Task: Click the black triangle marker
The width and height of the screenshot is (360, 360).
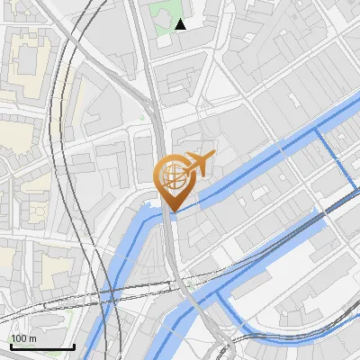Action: coord(181,24)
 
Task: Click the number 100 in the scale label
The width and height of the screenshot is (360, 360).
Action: coord(19,338)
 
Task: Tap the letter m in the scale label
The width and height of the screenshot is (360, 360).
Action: coord(32,338)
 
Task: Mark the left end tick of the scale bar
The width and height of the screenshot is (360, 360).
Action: coord(10,346)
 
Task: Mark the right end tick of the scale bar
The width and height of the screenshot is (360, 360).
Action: coord(74,346)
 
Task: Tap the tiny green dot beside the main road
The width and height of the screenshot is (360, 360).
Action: coord(141,117)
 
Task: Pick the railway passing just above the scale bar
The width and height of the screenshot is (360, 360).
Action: coord(54,310)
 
